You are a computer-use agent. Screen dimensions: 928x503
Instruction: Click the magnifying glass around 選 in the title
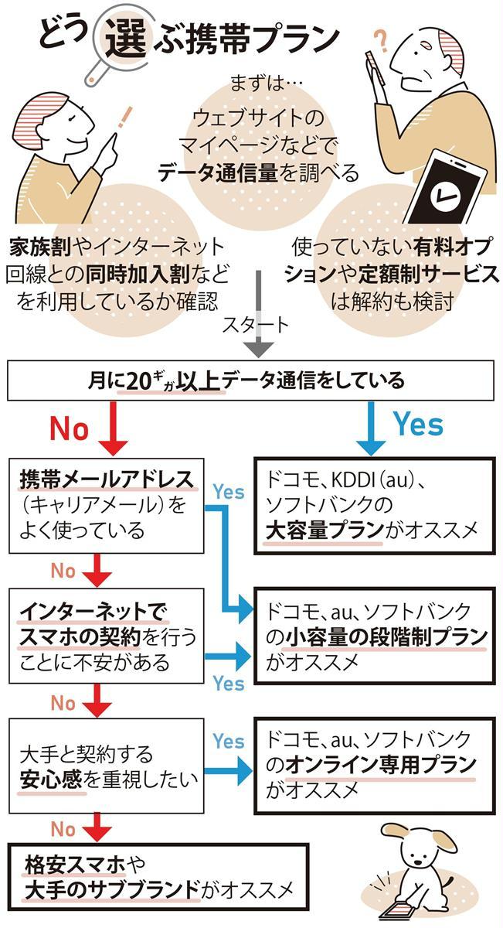click(x=123, y=42)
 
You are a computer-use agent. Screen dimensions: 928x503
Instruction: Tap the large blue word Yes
click(x=418, y=424)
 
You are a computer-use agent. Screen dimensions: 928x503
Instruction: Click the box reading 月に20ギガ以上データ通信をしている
click(x=250, y=380)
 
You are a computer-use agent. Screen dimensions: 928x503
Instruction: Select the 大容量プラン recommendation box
click(x=374, y=506)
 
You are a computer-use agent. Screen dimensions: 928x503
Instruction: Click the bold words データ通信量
click(x=217, y=172)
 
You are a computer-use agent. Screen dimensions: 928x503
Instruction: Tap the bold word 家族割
click(x=40, y=247)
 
